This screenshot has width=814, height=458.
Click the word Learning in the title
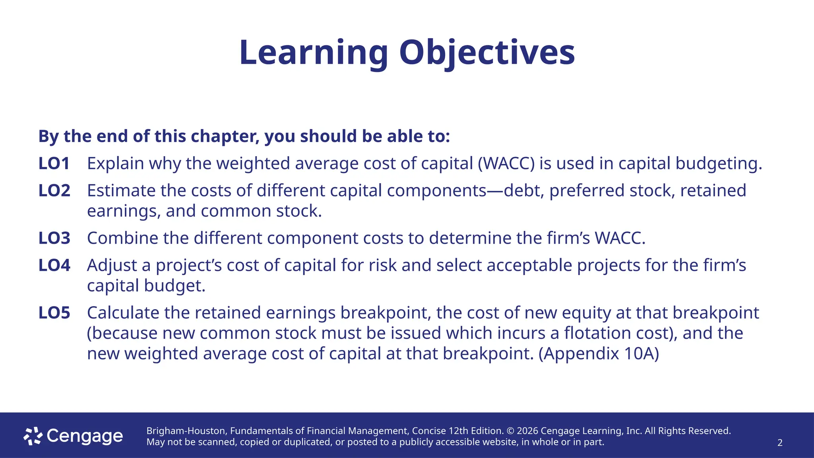coord(313,52)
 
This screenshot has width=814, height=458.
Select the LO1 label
coord(54,163)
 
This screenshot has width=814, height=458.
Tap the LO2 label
coord(54,190)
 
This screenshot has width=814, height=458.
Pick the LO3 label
coord(54,238)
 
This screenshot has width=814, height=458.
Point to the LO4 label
coord(54,265)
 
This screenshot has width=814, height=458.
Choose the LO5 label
coord(54,313)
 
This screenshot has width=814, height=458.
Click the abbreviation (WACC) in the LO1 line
coord(506,163)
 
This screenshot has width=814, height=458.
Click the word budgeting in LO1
coord(719,163)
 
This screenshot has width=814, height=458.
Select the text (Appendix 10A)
coord(599,353)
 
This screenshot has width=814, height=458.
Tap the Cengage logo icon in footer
coord(33,436)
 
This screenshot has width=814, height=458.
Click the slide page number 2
coord(780,443)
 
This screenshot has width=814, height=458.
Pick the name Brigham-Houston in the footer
coord(186,431)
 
